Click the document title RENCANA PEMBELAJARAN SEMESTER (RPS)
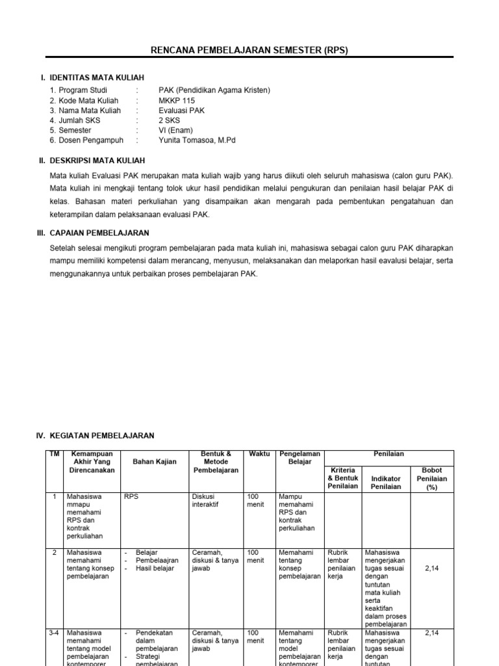tap(249, 50)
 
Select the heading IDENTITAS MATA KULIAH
tap(97, 78)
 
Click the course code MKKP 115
tap(176, 101)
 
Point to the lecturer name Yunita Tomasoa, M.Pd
tap(198, 140)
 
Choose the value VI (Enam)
tap(175, 130)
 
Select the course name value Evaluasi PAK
tap(181, 111)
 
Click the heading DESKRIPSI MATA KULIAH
tap(97, 160)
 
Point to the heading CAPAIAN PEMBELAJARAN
tap(99, 232)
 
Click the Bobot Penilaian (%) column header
tap(431, 478)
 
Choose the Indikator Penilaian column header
tap(386, 482)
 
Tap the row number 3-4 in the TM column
tap(53, 632)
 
